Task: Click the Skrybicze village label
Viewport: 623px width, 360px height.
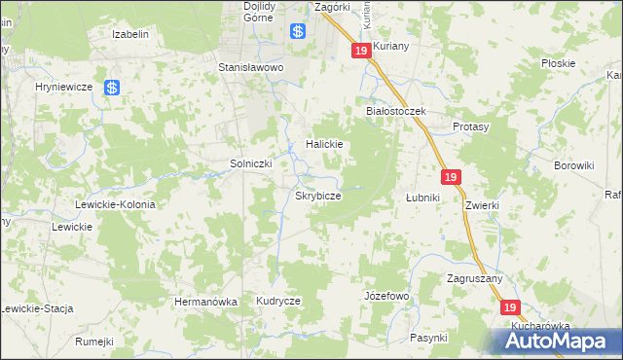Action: point(318,196)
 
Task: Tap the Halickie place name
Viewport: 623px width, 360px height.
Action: point(325,144)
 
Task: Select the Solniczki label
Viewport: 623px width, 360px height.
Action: point(249,163)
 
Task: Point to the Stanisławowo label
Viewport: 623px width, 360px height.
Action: point(250,68)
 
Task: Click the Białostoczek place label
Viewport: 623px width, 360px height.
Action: point(396,112)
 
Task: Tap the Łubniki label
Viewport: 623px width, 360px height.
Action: point(423,198)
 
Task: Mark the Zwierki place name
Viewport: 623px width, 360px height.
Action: point(482,205)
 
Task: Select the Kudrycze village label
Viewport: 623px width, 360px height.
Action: point(278,302)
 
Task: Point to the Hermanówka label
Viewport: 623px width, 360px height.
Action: point(205,302)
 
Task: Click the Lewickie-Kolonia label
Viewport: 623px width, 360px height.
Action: point(116,204)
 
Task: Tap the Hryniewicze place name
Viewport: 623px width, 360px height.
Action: point(63,87)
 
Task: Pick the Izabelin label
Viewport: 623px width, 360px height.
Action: point(130,34)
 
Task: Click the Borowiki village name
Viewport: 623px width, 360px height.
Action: point(573,165)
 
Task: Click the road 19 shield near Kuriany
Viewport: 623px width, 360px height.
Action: point(361,51)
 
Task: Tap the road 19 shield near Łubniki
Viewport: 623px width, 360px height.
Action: point(451,177)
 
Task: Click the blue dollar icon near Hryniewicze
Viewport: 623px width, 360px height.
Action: point(112,88)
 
